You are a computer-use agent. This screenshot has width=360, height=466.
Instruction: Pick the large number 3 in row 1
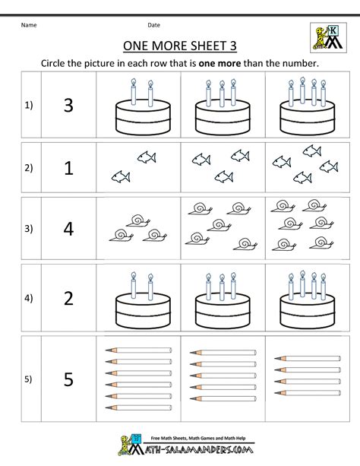[x=68, y=106]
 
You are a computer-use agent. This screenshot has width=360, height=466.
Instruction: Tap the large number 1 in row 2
[x=68, y=169]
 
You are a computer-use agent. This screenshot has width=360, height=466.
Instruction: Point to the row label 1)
[x=29, y=106]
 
